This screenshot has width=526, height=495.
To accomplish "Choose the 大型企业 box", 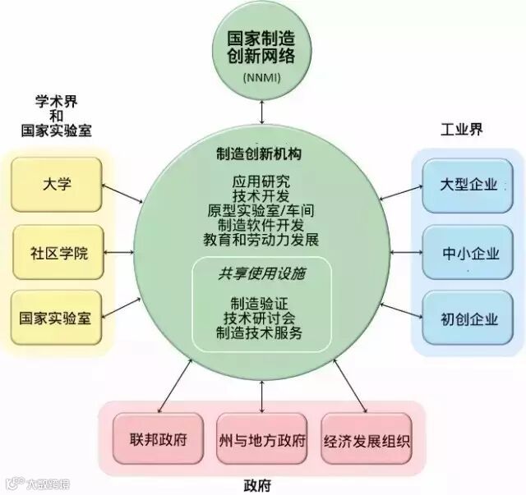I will (469, 185).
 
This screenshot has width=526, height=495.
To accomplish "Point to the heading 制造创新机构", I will (261, 155).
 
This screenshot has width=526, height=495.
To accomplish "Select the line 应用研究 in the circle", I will (261, 181).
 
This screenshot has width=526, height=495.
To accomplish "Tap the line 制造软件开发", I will (261, 225).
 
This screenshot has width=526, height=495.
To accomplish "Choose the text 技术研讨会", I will (260, 319).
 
